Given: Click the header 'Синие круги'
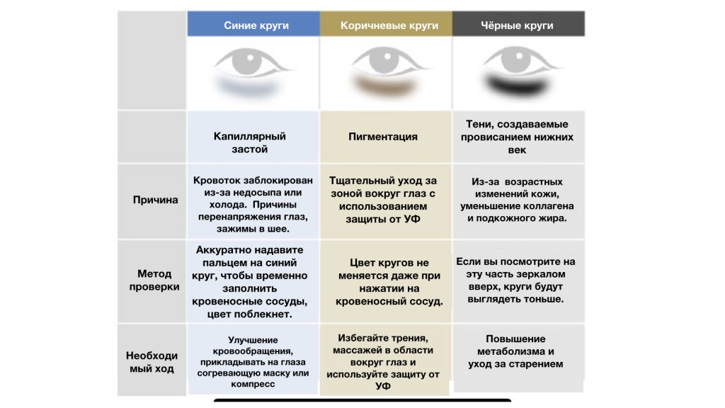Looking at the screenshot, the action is (256, 25).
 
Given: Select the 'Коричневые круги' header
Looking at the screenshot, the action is (389, 25).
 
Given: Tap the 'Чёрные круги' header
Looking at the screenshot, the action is (517, 25).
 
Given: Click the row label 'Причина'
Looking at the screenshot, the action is (155, 200).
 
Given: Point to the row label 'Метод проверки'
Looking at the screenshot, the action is (154, 280).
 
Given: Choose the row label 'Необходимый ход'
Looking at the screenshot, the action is (152, 362).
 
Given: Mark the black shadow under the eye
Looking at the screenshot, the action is (516, 86).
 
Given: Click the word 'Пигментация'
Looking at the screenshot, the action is (383, 137).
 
